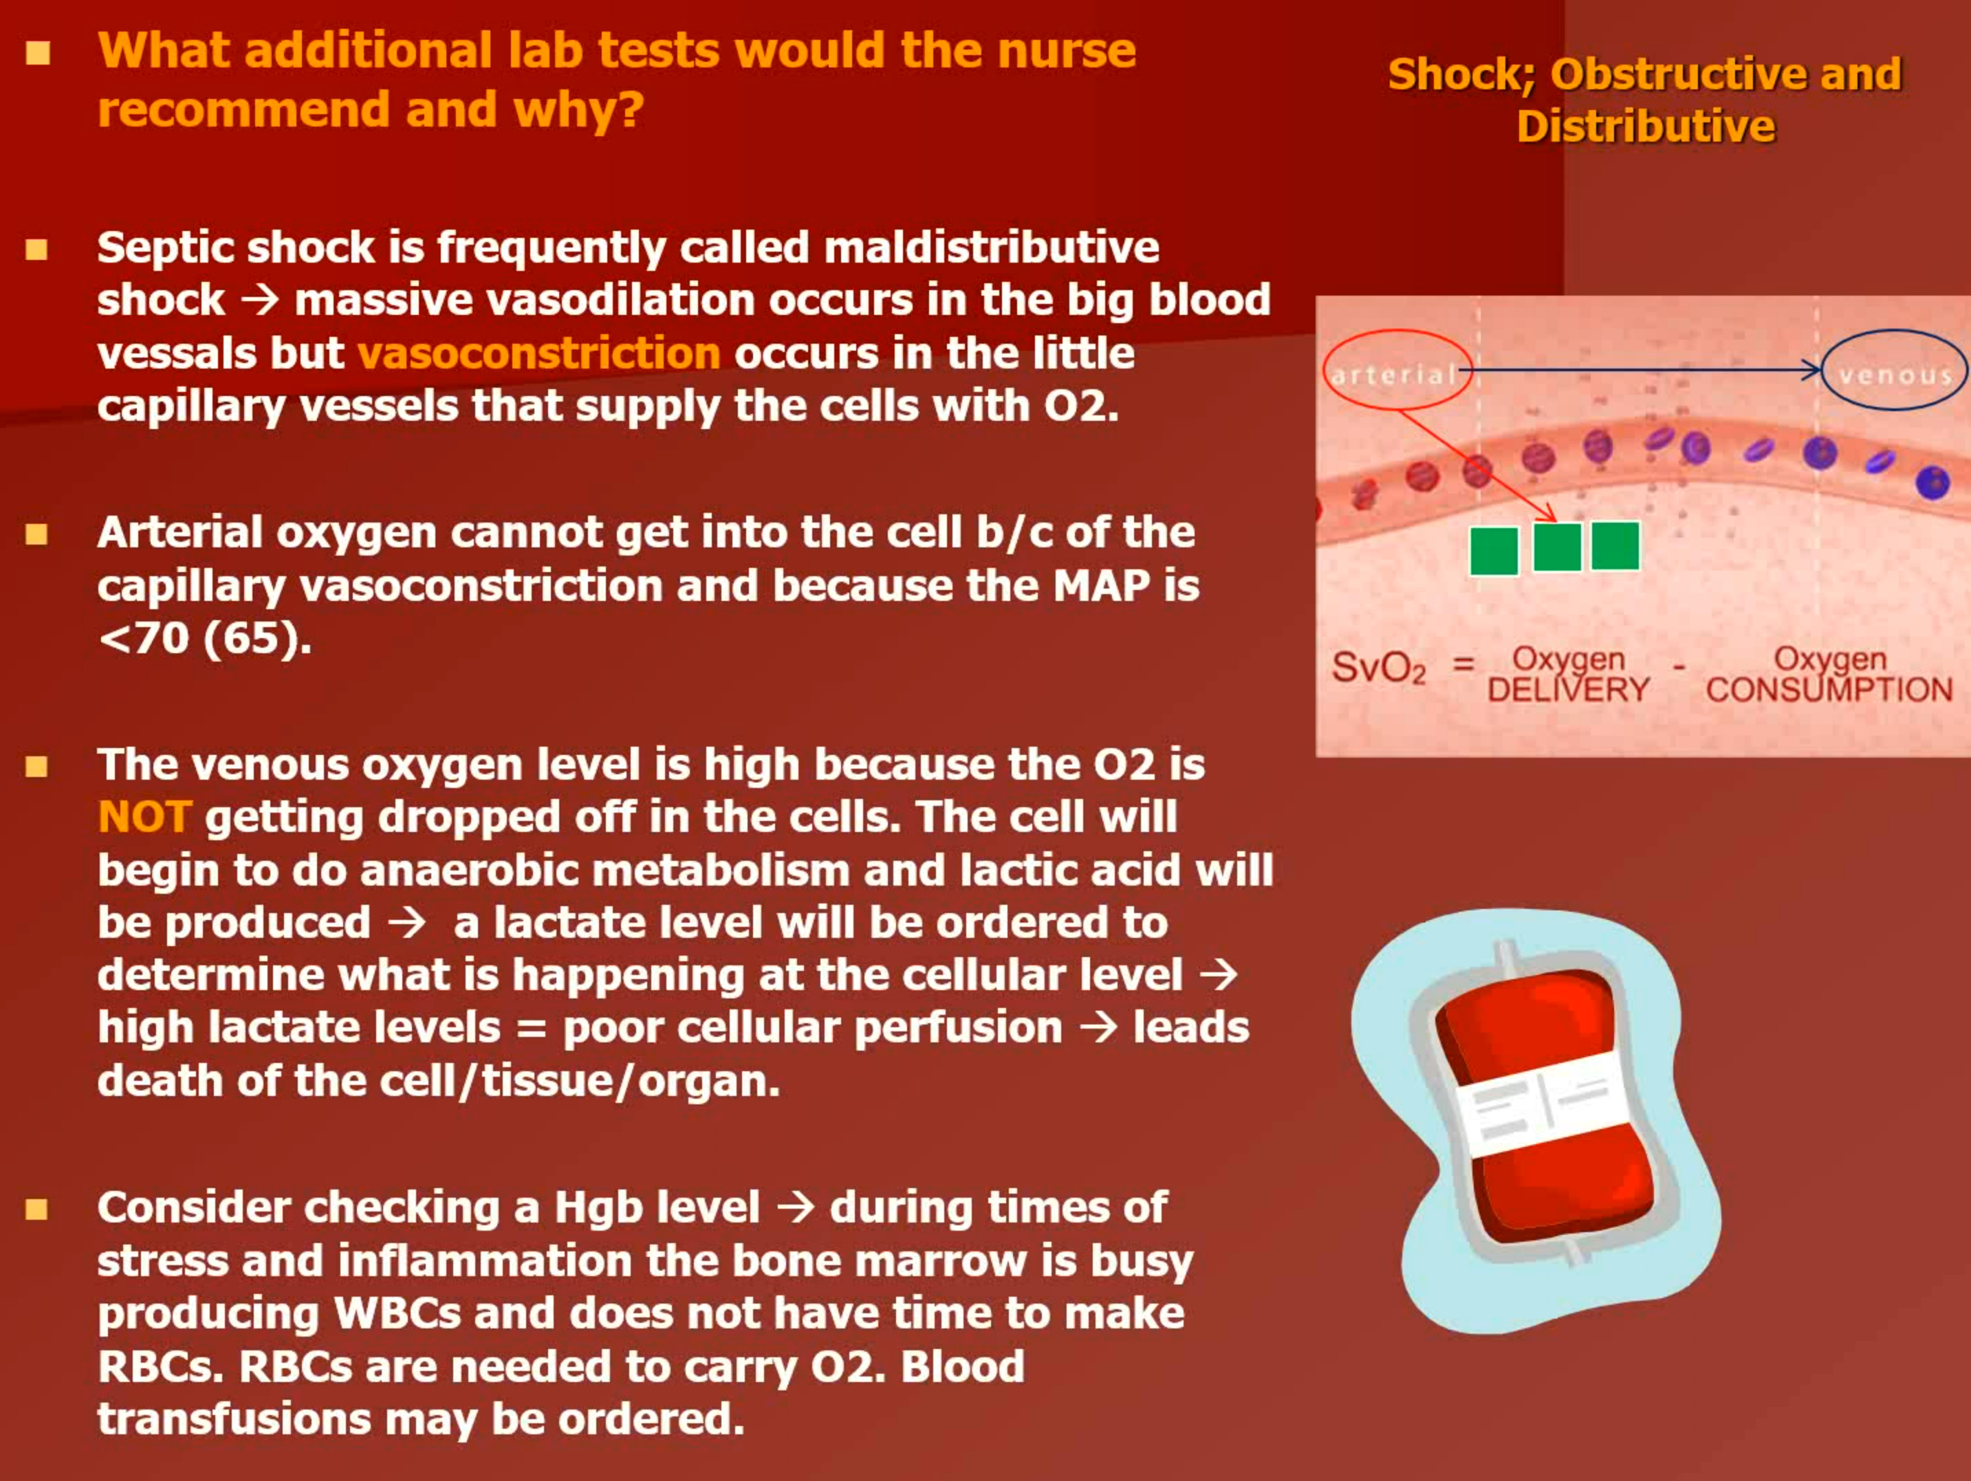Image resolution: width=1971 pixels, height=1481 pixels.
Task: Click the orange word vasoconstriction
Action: [x=538, y=353]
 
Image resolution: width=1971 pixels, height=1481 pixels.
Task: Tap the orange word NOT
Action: [x=144, y=816]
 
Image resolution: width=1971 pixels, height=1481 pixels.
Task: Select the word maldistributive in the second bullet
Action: [x=992, y=248]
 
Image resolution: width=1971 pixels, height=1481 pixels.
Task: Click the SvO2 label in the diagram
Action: [x=1378, y=668]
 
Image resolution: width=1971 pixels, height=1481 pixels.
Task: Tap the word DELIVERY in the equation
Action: [x=1568, y=690]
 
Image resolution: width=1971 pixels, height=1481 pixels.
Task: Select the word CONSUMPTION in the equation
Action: [x=1829, y=690]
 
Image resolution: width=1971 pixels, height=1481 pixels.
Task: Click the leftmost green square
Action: [x=1494, y=551]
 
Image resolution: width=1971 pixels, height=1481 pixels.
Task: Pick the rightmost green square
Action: [x=1615, y=545]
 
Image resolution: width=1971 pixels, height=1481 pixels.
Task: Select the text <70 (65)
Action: [x=205, y=638]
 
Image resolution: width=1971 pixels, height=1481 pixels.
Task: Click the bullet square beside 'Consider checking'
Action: [x=36, y=1209]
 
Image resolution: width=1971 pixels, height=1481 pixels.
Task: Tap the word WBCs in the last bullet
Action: [x=398, y=1313]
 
